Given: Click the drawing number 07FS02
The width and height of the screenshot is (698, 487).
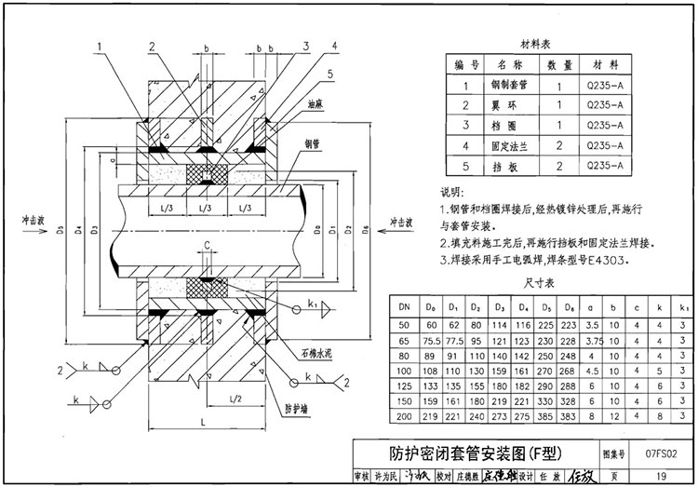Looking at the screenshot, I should pos(659,453).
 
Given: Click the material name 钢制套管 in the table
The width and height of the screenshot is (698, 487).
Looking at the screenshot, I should pos(508,86).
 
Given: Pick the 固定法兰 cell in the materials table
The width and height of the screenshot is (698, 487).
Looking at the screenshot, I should pos(508,145).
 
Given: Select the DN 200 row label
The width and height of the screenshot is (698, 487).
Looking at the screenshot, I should pos(405,414).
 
